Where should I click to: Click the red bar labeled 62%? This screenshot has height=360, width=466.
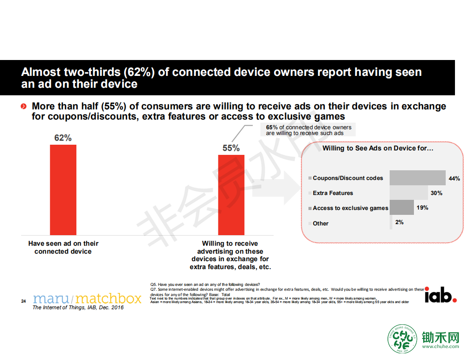point(63,190)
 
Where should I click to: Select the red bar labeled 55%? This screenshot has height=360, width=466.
point(231,195)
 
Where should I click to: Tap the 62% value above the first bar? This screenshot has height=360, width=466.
point(63,138)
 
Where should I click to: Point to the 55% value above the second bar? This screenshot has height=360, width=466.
point(231,148)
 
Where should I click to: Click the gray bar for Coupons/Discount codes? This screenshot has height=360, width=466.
point(417,178)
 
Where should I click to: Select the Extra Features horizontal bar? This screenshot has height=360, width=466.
point(409,192)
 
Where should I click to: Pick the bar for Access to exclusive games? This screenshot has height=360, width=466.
point(402,207)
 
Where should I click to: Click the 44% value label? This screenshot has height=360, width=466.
point(454,179)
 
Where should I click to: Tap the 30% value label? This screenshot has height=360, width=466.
point(436,193)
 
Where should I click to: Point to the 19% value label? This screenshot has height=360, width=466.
point(422,208)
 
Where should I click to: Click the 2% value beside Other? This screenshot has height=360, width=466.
point(399,222)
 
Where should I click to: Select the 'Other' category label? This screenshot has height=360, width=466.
point(320,223)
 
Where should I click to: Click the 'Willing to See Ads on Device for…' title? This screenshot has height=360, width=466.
point(378,148)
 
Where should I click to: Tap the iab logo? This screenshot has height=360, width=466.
point(440,295)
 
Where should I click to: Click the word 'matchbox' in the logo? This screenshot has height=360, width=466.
point(109,299)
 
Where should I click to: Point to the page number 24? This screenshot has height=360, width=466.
point(23,301)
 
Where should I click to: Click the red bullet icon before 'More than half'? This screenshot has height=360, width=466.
point(24,106)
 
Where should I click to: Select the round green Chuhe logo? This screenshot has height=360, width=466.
point(402,339)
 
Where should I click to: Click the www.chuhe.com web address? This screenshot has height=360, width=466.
point(440,346)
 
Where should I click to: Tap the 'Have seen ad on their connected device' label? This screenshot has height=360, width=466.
point(63,247)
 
